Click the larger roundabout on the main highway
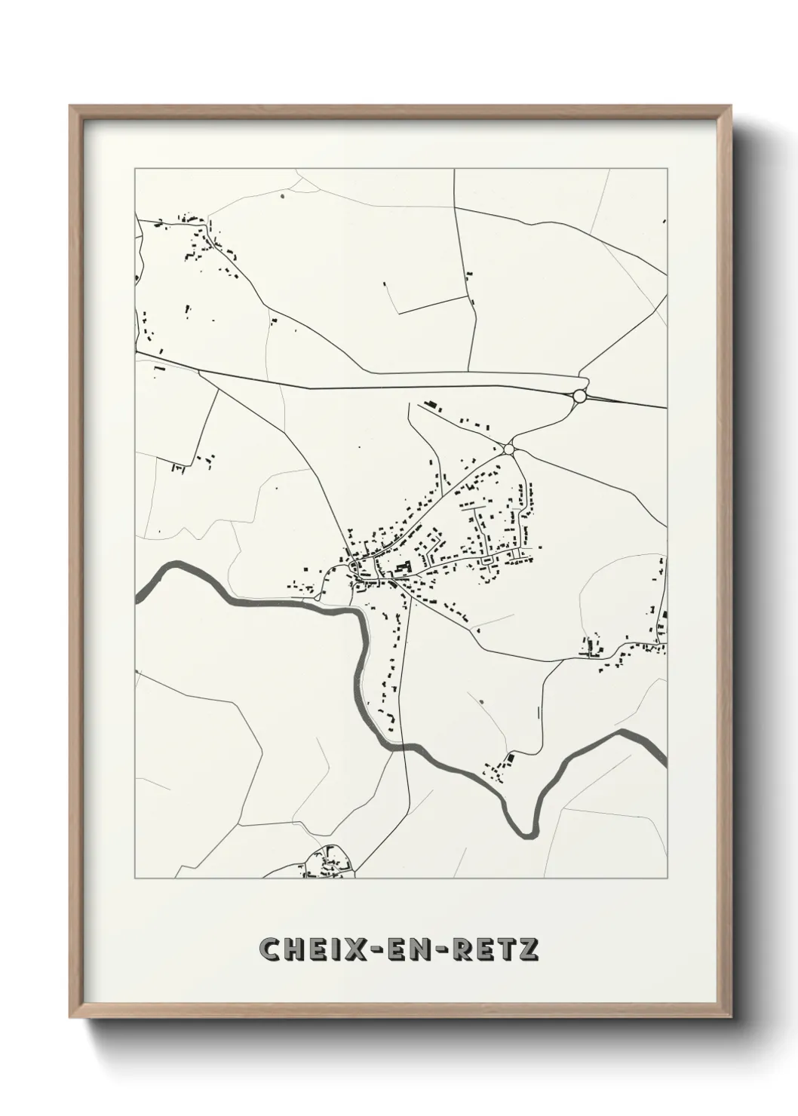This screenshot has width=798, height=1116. (x=579, y=396)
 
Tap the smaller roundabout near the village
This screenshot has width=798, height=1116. (x=509, y=449)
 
